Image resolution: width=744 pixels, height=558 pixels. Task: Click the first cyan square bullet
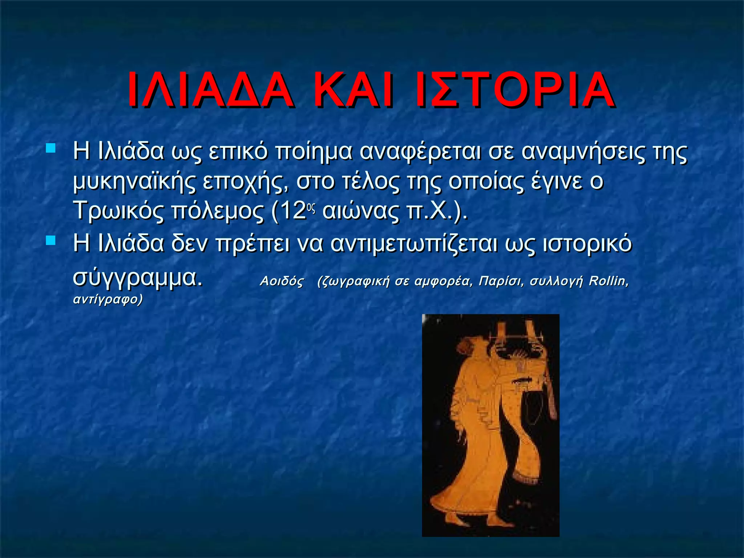51,148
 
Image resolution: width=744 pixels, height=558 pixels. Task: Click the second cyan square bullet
51,240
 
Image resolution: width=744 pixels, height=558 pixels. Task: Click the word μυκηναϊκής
134,182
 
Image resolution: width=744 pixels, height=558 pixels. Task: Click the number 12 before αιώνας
292,211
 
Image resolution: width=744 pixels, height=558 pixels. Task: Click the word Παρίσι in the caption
501,281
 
